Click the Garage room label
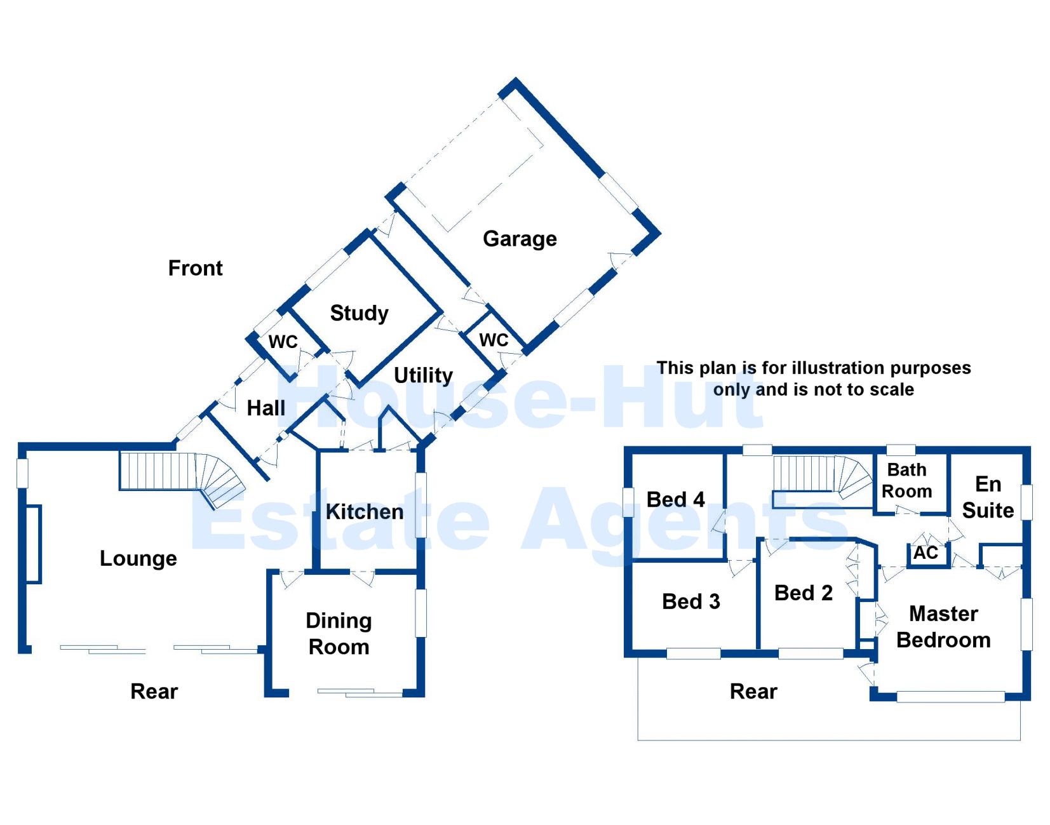(x=520, y=239)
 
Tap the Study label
(x=359, y=313)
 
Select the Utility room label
(x=423, y=375)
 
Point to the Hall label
(x=266, y=408)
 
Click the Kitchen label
(x=365, y=512)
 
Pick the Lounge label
(x=138, y=558)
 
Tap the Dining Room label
(x=339, y=634)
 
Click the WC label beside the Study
(x=283, y=342)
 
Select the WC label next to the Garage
(x=494, y=340)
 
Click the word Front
(x=195, y=268)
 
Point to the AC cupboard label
(x=925, y=553)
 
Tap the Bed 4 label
(x=675, y=500)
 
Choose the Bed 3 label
(x=690, y=601)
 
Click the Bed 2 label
(x=803, y=593)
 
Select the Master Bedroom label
(x=943, y=627)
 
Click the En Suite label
(x=988, y=497)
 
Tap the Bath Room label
(x=906, y=480)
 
